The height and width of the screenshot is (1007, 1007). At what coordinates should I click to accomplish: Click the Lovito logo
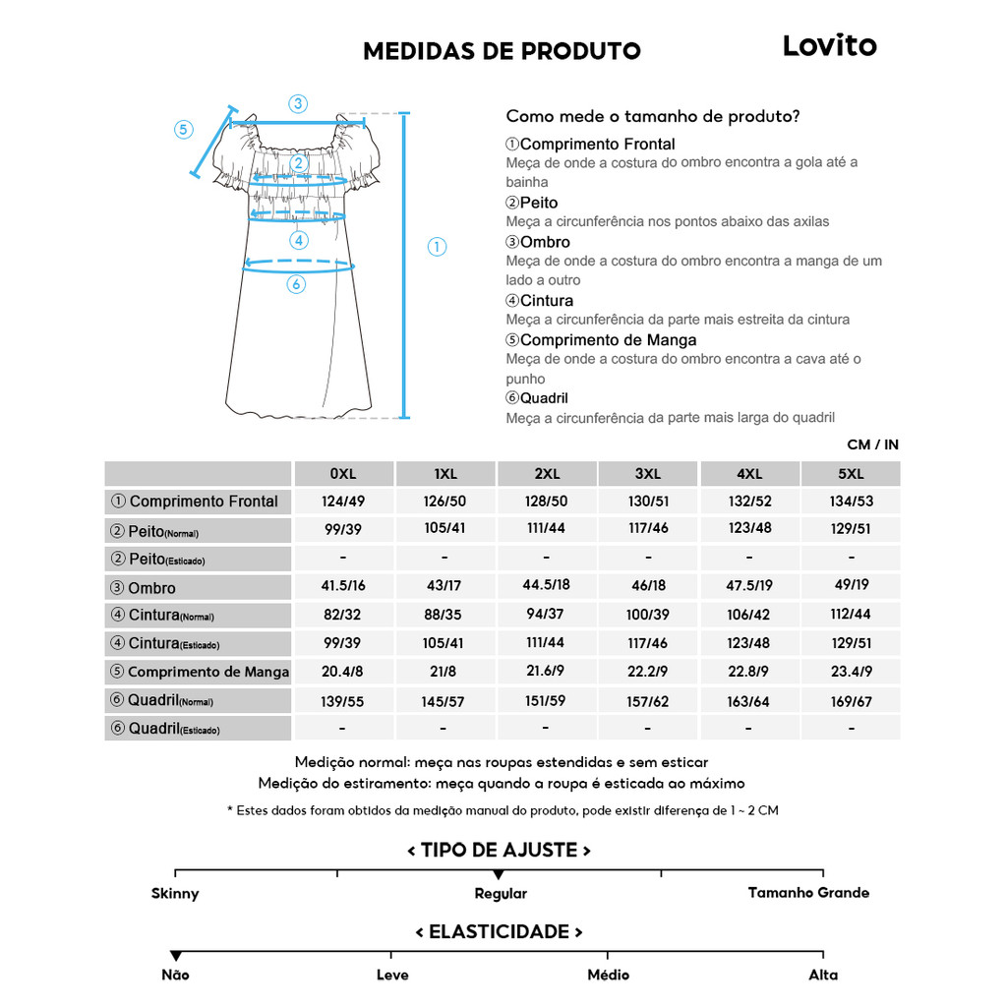[x=829, y=46]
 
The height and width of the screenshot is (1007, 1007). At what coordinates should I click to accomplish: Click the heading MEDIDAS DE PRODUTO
[x=502, y=51]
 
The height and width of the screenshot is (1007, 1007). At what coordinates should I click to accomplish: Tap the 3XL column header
[x=648, y=474]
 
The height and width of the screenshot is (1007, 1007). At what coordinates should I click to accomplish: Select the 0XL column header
[x=342, y=474]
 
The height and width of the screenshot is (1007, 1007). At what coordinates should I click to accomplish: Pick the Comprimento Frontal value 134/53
[x=851, y=502]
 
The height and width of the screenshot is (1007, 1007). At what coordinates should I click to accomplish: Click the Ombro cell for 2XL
[x=546, y=585]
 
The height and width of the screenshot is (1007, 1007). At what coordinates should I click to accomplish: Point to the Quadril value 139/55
[x=342, y=701]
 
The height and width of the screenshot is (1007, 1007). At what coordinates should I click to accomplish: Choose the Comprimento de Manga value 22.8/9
[x=749, y=672]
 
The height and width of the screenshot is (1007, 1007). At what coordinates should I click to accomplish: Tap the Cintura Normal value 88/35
[x=444, y=615]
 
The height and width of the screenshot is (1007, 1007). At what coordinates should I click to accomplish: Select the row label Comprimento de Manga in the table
[x=200, y=673]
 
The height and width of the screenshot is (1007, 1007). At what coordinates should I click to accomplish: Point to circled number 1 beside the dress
[x=438, y=247]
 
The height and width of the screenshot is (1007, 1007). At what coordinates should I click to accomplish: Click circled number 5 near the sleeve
[x=184, y=130]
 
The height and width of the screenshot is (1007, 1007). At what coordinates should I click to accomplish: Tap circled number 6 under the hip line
[x=296, y=284]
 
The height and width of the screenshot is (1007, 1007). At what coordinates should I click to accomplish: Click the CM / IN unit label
[x=872, y=444]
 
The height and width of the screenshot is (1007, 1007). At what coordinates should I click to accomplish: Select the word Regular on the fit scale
[x=501, y=894]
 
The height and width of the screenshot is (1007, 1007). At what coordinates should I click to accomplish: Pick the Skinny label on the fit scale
[x=175, y=894]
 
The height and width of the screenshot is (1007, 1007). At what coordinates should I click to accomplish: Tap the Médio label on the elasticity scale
[x=607, y=976]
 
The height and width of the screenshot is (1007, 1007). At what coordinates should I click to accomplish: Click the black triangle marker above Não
[x=176, y=956]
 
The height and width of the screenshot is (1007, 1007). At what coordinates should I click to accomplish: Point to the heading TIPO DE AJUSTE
[x=499, y=851]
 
